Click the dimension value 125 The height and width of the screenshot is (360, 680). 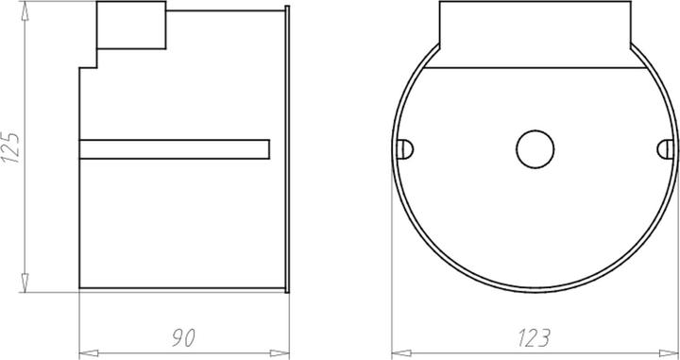click(x=11, y=147)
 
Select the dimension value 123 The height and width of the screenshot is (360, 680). click(x=535, y=336)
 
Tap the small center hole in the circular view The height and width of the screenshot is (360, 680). click(x=534, y=148)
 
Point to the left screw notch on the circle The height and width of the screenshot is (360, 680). click(x=405, y=148)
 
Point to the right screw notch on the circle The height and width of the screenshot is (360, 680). click(x=664, y=148)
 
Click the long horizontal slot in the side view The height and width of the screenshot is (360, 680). click(x=175, y=148)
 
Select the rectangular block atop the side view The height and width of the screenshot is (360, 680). click(x=132, y=26)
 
